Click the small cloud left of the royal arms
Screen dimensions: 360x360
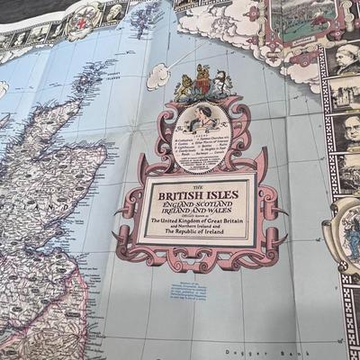(158, 77)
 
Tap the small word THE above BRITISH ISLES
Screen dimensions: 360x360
(204, 179)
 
